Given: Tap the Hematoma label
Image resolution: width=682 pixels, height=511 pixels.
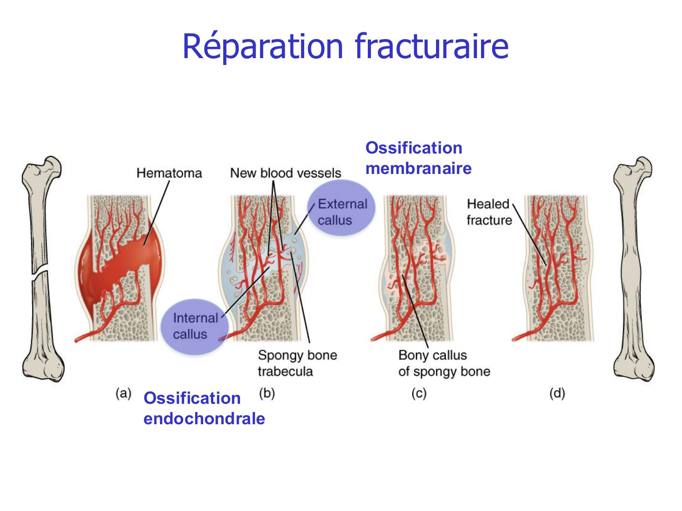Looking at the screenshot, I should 169,173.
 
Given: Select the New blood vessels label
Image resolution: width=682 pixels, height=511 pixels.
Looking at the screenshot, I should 286,173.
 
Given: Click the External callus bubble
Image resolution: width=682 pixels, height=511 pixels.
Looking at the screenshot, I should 341,208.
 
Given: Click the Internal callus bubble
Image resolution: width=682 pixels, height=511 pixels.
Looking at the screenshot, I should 194,326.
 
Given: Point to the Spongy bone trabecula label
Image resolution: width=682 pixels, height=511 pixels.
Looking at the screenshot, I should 297,363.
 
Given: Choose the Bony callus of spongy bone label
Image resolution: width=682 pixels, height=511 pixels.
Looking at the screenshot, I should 444,363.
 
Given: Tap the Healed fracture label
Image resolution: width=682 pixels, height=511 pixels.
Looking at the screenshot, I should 489,212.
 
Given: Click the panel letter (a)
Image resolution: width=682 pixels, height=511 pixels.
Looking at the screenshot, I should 123,393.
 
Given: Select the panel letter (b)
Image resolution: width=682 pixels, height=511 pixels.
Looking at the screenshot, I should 267,393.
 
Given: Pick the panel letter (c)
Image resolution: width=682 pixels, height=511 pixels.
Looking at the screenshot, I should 419,393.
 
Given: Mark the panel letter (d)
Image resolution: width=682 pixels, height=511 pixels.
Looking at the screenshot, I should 557,393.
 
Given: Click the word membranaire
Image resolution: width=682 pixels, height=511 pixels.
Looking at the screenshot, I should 418,169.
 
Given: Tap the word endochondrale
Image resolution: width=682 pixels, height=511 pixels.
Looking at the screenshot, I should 204,418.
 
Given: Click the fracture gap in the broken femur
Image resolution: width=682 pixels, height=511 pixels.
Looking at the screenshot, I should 40,273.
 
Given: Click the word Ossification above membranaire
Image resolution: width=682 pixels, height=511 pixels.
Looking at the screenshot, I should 414,148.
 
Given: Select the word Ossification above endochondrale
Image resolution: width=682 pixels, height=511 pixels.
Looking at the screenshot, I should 192,398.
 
